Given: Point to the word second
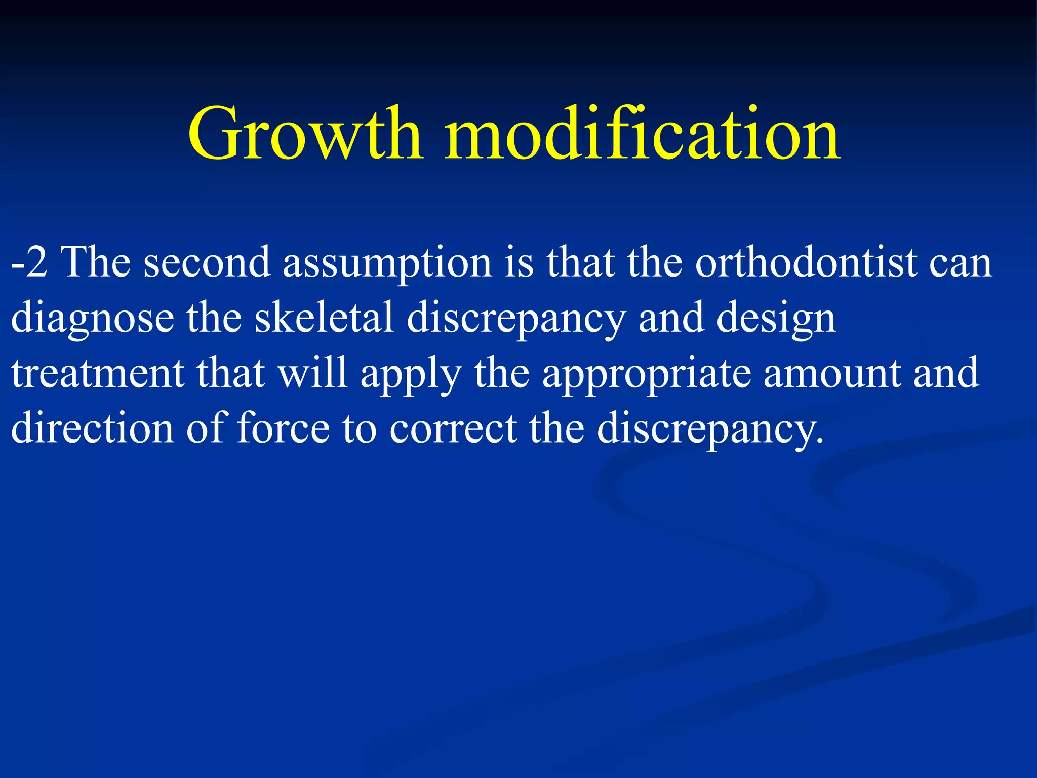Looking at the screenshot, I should (x=207, y=262).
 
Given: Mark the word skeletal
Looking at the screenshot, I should (x=324, y=318).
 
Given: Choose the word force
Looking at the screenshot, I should (x=283, y=428).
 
